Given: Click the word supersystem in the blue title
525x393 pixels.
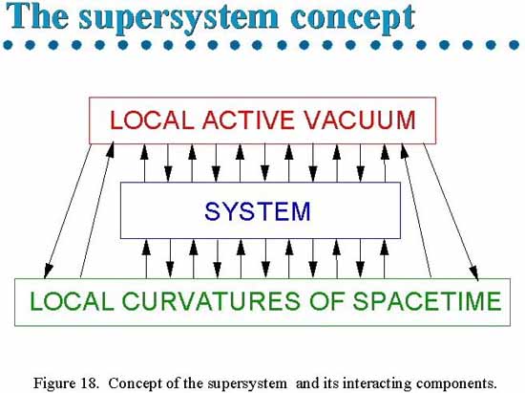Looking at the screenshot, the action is tap(178, 17).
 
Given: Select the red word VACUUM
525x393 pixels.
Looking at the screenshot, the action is tap(359, 120).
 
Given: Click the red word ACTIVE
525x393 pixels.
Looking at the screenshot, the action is tap(248, 120).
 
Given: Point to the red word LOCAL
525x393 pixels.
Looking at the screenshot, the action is tap(152, 120).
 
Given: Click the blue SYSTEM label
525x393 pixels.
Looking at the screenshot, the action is tap(258, 211).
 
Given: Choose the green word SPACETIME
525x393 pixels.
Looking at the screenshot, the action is tap(427, 300).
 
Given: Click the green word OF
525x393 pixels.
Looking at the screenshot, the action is tap(326, 300).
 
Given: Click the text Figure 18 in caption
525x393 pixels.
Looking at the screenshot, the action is tap(66, 382).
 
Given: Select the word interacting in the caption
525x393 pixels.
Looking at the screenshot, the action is tap(377, 382).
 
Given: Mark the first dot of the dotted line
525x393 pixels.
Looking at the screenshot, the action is tap(8, 45).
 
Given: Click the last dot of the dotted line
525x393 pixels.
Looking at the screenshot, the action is tap(514, 45).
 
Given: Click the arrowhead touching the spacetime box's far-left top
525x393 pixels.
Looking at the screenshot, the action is tap(49, 271).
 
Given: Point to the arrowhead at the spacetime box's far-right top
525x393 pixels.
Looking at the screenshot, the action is tap(473, 272).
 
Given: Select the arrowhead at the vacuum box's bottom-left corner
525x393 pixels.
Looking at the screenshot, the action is tap(111, 149).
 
